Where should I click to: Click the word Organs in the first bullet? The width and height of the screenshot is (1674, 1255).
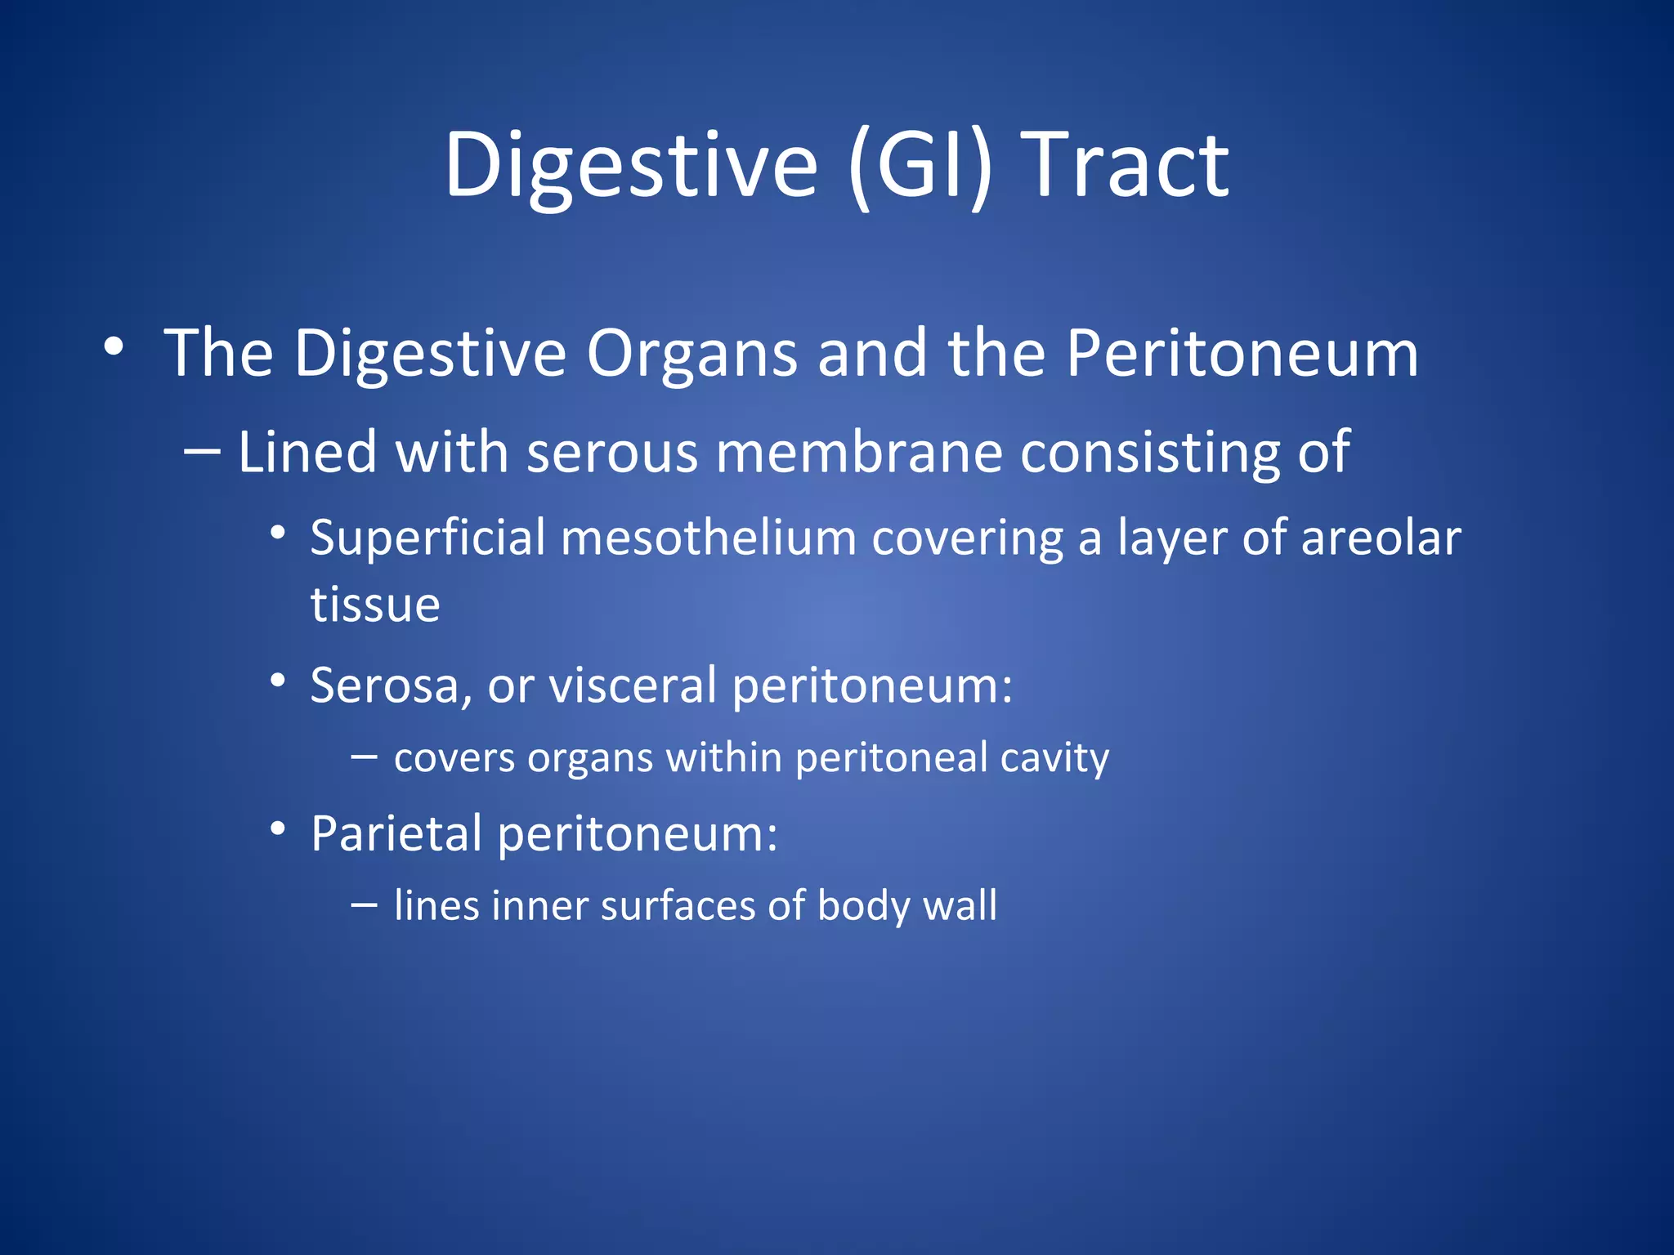(x=692, y=354)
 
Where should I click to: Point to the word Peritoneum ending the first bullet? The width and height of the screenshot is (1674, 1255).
(x=1242, y=354)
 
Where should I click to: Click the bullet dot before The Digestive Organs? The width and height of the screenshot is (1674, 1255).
(x=114, y=346)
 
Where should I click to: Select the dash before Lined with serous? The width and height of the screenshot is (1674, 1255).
(x=202, y=451)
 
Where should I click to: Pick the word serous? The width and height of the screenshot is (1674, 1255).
(x=612, y=452)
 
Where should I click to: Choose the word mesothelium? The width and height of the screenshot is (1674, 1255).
(x=709, y=538)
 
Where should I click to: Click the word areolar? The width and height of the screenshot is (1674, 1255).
(x=1381, y=538)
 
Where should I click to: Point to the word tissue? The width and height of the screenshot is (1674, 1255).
(x=375, y=605)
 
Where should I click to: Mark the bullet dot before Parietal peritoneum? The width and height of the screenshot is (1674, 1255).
(x=278, y=828)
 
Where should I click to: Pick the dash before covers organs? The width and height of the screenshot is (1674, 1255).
(x=364, y=757)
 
